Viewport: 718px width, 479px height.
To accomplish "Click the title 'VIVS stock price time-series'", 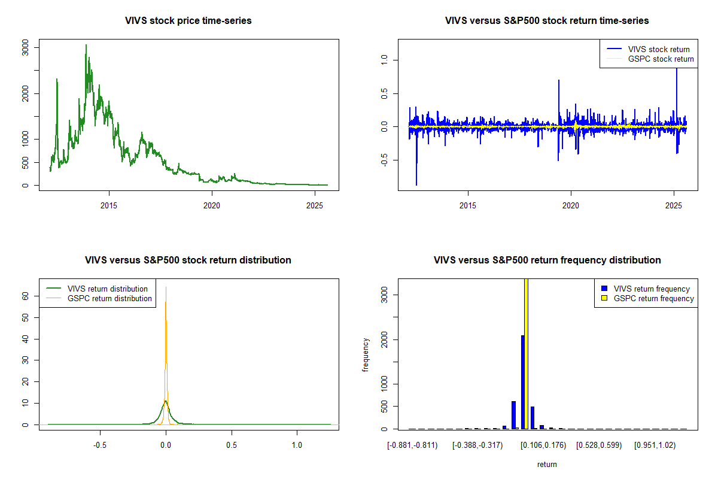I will (188, 21).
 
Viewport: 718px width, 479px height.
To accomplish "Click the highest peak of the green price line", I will (86, 46).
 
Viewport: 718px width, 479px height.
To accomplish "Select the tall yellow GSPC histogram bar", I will (526, 353).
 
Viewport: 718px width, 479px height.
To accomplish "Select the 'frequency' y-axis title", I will (366, 355).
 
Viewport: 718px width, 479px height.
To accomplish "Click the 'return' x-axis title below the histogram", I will (547, 464).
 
